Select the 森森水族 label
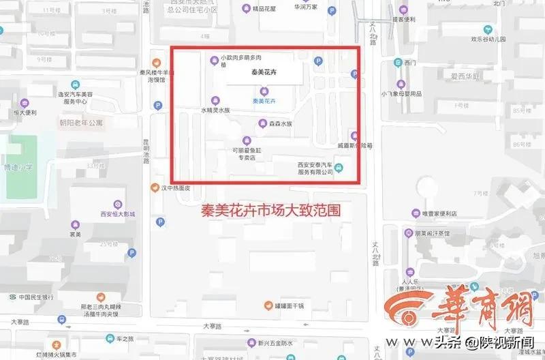[280, 124]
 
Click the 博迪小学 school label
[18, 167]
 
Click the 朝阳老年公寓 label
[81, 123]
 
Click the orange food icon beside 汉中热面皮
[155, 187]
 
